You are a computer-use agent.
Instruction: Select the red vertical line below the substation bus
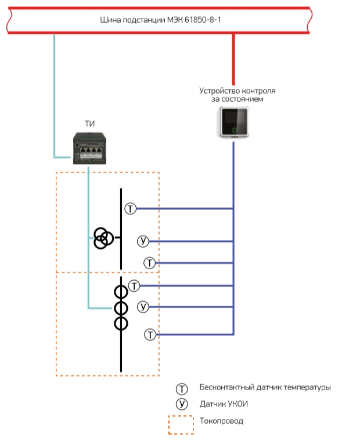coord(233,58)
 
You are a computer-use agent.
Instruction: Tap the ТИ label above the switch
coord(89,123)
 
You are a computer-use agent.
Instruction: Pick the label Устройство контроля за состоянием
coord(237,95)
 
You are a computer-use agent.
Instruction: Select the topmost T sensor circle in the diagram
coord(131,209)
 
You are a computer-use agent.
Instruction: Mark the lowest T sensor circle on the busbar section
coord(149,335)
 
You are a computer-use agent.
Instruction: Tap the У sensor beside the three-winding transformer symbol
coord(143,241)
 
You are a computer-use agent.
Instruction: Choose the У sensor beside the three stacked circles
coord(143,306)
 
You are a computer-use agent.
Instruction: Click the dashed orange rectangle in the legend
coord(181,424)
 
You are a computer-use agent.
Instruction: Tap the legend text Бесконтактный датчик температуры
coord(265,388)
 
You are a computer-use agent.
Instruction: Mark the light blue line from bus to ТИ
coord(55,93)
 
